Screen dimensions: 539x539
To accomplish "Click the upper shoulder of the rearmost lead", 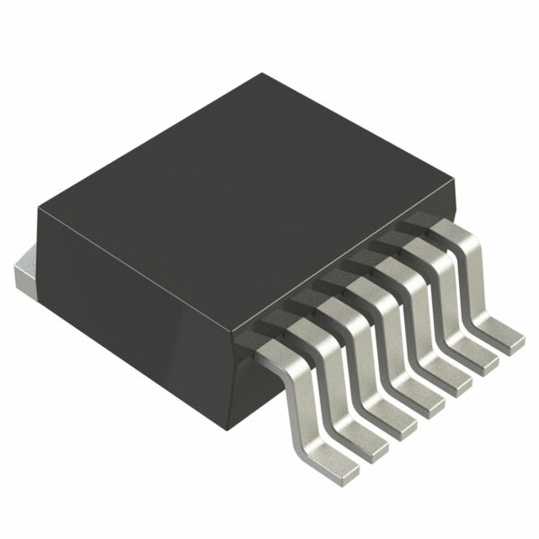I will coord(440,229).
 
